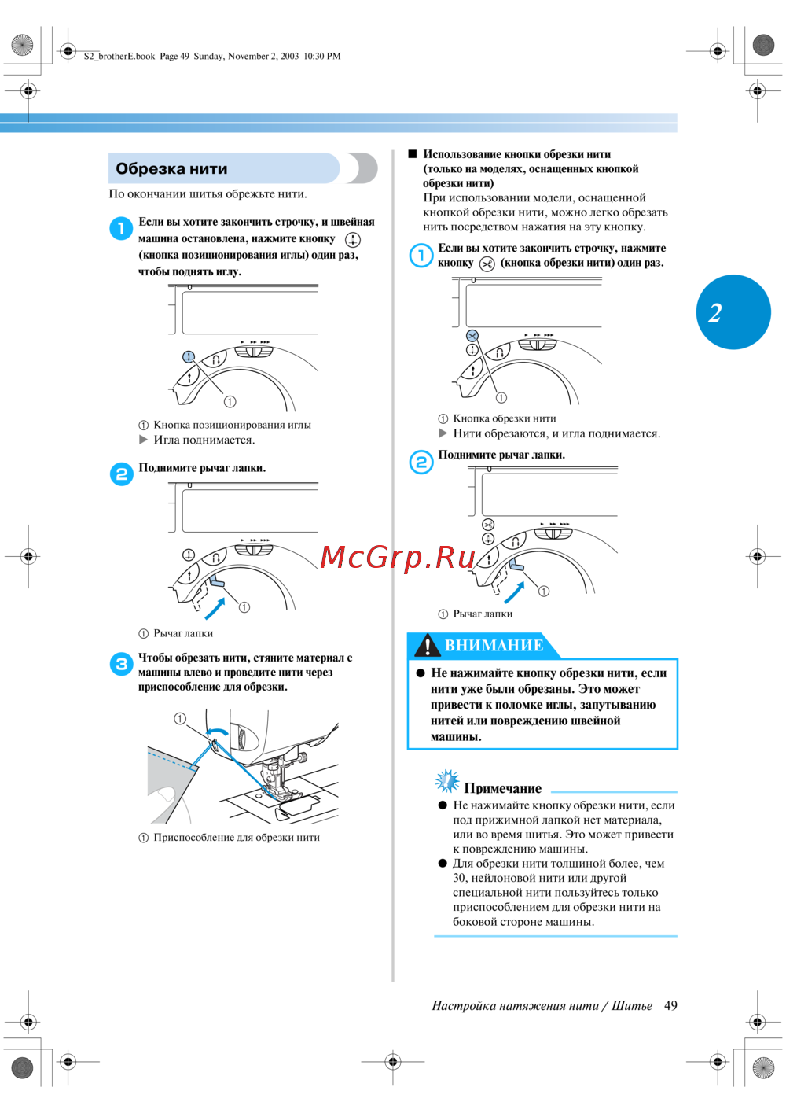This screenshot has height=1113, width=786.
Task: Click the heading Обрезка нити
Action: coord(171,169)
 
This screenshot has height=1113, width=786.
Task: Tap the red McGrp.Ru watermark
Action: coord(398,557)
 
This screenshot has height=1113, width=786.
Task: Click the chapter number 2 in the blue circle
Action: coord(715,313)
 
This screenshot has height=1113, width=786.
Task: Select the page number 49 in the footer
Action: coord(670,1005)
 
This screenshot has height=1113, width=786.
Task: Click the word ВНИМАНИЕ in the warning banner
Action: coord(494,646)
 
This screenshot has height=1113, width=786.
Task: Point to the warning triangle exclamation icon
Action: coord(427,646)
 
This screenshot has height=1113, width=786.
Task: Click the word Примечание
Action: coord(502,788)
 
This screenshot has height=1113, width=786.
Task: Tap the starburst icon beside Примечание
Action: coord(447,781)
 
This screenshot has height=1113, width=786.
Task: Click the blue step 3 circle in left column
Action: coord(121,664)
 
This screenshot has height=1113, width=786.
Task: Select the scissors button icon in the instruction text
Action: coord(487,264)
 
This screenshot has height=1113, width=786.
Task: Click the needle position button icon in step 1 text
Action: coord(353,240)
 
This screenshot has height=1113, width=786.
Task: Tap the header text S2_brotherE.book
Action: coord(119,56)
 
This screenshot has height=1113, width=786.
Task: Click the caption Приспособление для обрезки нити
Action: coord(237,838)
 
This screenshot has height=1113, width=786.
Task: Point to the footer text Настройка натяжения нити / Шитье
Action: coord(542,1005)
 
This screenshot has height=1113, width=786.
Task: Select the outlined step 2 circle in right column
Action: coord(421,462)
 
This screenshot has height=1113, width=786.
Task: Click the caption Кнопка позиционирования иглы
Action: coord(232,425)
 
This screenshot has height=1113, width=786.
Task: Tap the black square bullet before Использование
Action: coord(412,154)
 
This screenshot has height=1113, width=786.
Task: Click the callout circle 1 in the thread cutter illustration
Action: coord(180,718)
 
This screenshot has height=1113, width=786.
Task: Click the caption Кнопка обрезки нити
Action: coord(504,418)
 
